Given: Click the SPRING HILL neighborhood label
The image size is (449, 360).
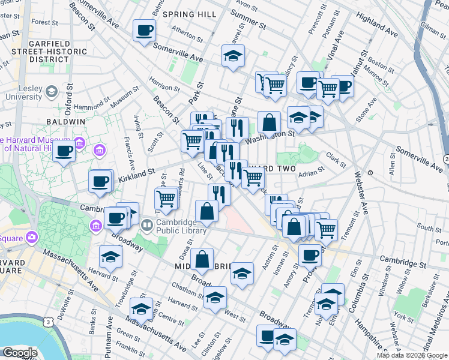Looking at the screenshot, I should pos(186,14).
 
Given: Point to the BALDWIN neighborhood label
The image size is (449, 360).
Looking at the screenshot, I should pos(65,121).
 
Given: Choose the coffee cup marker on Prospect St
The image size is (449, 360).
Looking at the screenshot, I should pos(310,256).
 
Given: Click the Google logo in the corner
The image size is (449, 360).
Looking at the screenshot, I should pos(20,353).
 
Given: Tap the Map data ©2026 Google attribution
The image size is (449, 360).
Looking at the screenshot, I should pos(412,355).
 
